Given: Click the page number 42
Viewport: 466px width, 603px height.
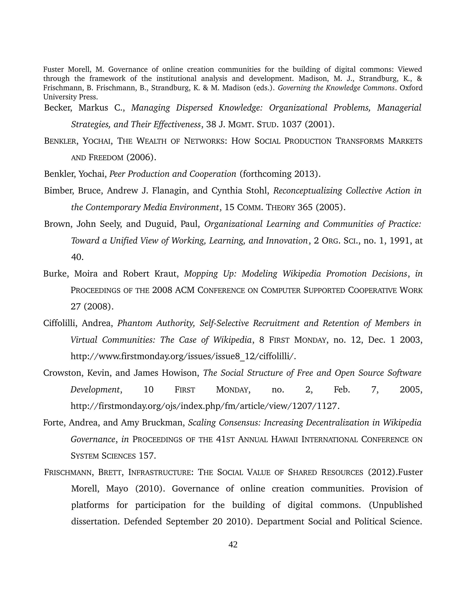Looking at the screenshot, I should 233,544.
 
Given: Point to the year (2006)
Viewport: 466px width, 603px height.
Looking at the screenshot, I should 141,157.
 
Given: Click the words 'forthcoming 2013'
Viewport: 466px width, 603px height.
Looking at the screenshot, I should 280,174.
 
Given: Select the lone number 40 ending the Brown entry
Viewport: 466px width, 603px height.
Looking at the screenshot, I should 77,257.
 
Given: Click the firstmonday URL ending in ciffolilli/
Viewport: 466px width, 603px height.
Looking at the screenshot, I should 183,356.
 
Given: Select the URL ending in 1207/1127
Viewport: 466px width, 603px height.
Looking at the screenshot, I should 205,406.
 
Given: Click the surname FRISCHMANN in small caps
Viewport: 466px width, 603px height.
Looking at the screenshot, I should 70,472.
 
